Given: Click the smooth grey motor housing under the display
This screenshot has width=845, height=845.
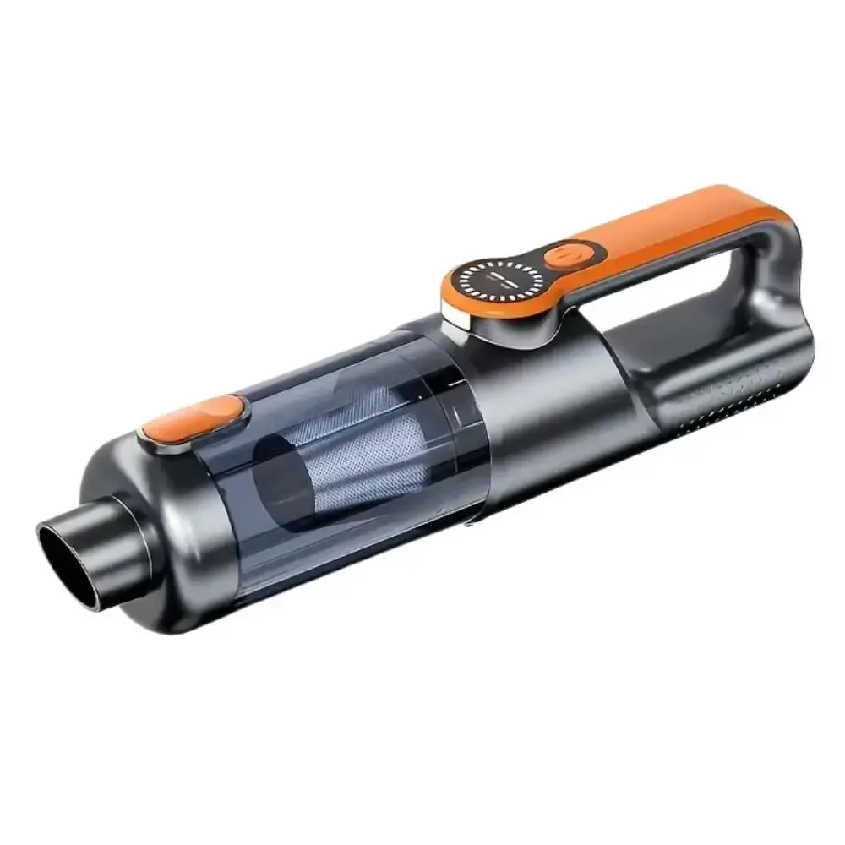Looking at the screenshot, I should coord(541,406).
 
